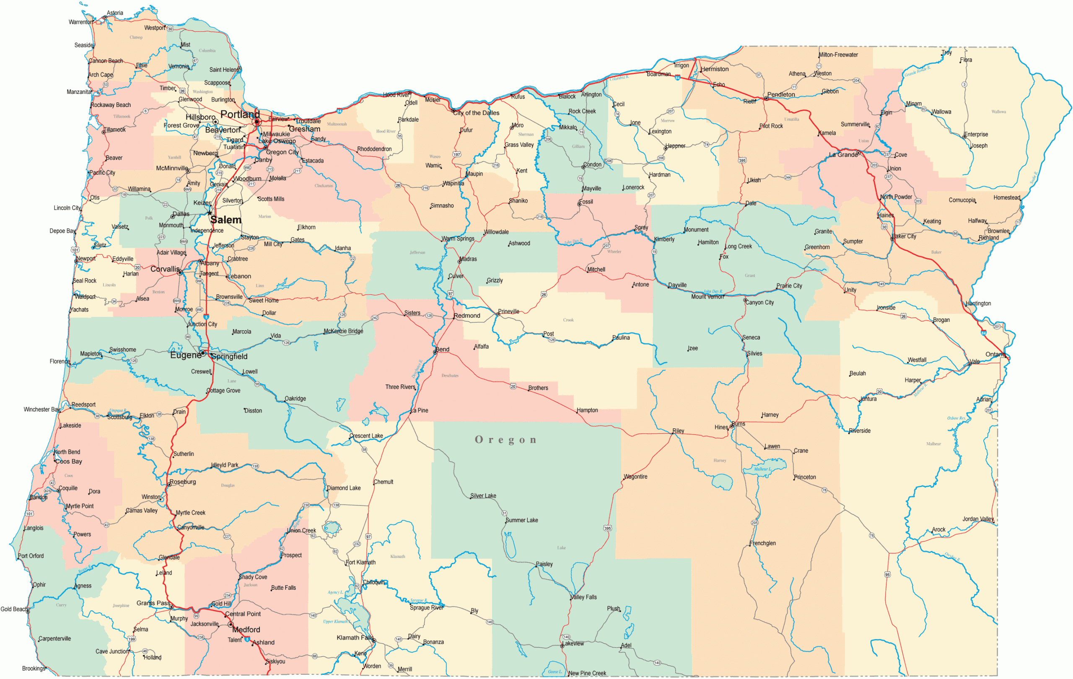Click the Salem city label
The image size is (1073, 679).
tap(226, 220)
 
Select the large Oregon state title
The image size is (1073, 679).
tap(506, 440)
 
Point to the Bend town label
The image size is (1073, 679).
tap(443, 349)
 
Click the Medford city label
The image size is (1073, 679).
tap(246, 630)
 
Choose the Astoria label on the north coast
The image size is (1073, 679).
tap(115, 13)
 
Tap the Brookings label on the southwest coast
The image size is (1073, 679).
tap(34, 668)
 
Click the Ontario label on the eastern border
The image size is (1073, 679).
tap(995, 354)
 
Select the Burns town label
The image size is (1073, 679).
tap(739, 424)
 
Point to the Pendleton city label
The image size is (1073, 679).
tap(781, 94)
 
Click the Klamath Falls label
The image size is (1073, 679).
tap(355, 638)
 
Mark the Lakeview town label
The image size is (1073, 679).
tap(573, 643)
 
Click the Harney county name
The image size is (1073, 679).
tap(720, 461)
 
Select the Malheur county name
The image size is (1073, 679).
tap(933, 444)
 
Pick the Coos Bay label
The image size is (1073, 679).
tap(69, 461)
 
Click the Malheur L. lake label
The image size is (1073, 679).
tap(762, 469)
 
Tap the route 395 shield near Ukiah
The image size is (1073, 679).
tap(742, 161)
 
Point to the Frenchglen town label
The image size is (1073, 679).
tap(762, 543)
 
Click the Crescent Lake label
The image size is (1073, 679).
tap(366, 436)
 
